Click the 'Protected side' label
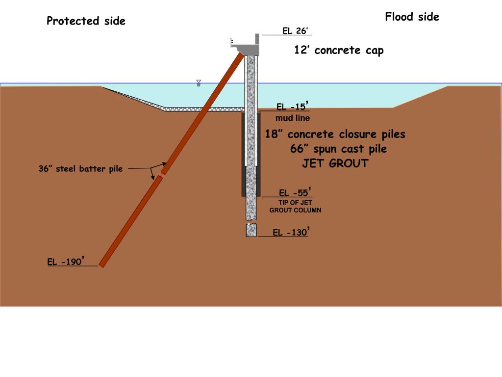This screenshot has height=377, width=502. point(86,21)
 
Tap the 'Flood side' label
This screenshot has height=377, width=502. point(412,17)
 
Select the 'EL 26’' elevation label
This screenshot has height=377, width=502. point(295,31)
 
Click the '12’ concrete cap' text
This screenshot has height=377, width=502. point(339,50)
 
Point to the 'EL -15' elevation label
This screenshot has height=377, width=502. point(292,107)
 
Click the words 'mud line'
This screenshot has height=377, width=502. point(293,118)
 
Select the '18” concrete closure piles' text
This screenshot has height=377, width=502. point(335,135)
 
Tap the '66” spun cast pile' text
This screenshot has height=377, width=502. point(338,149)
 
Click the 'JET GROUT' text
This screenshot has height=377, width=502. point(335,164)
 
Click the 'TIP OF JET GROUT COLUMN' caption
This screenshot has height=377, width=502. point(295,206)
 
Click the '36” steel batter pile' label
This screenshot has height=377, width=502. point(80,169)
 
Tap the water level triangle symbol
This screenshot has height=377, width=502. point(199,83)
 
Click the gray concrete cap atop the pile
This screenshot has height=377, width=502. point(246,48)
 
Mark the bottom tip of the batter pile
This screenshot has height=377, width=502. point(101,265)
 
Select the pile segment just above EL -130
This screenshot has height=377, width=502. point(251,230)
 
